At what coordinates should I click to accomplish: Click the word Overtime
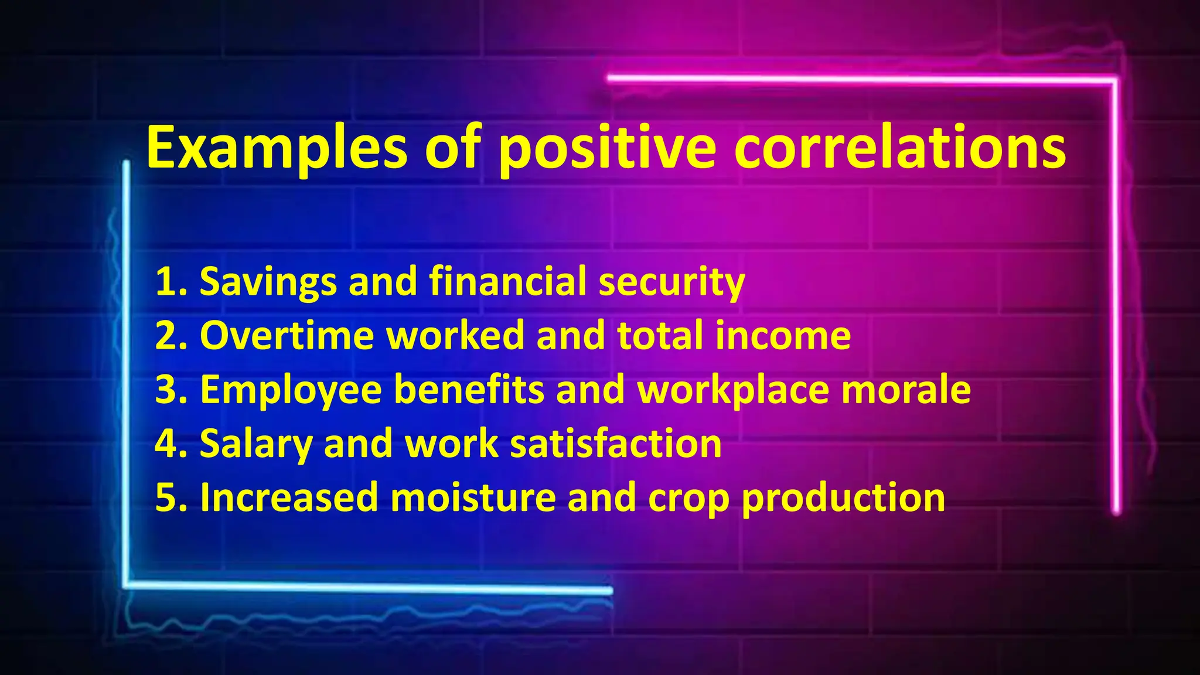287,336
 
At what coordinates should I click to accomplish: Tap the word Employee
291,390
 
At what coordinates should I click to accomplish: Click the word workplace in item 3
732,390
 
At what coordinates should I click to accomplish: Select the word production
843,497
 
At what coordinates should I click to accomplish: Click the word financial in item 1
507,282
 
